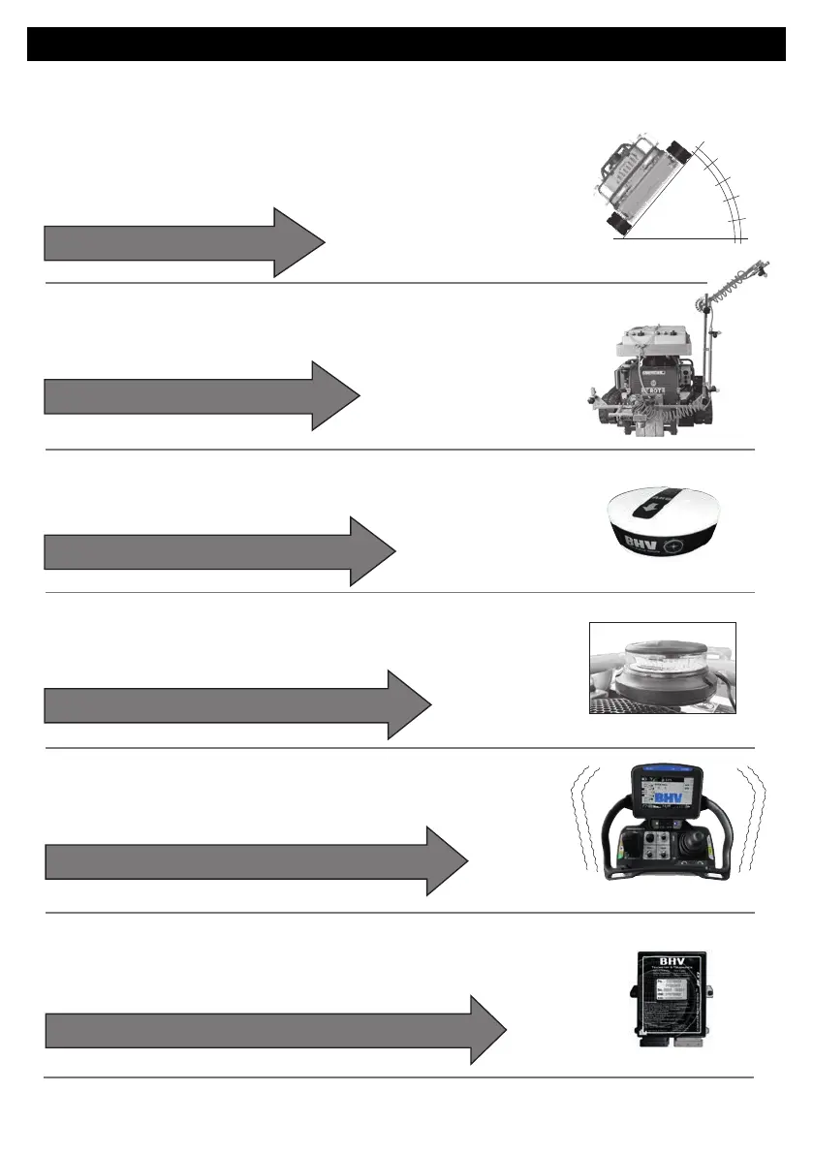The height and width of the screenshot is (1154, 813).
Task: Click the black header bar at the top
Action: pyautogui.click(x=406, y=44)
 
